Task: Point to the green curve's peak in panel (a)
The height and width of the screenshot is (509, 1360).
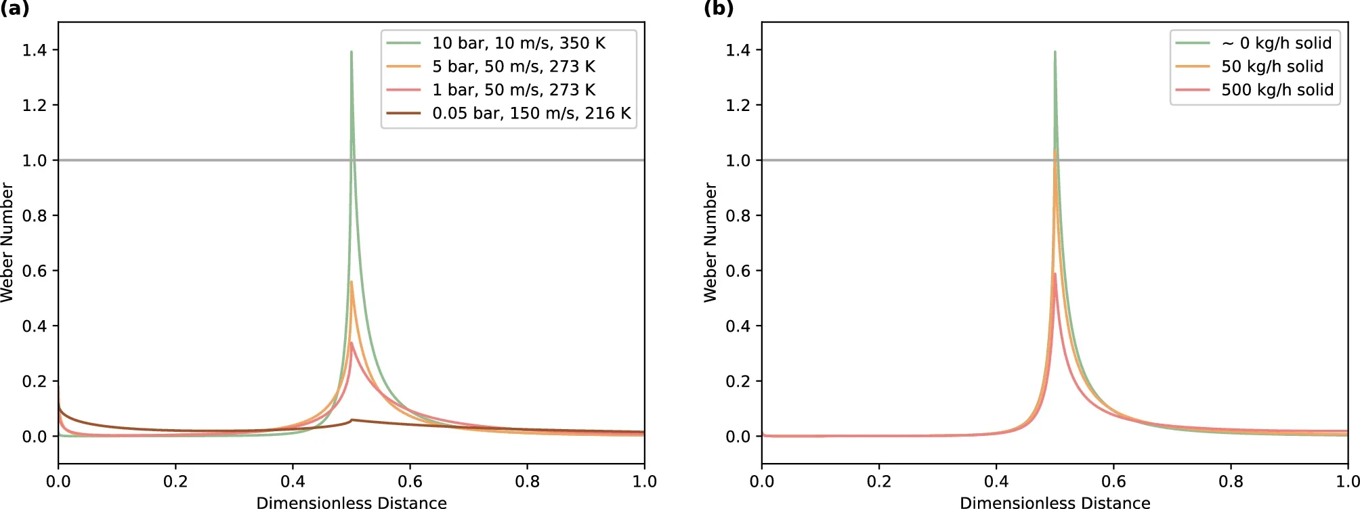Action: coord(352,52)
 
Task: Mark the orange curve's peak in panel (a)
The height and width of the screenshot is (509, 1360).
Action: coord(352,282)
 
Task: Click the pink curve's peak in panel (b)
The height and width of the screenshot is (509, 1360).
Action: coord(1055,274)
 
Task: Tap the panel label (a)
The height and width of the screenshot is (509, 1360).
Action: coord(15,9)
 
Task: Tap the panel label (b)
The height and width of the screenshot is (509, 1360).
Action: coord(718,9)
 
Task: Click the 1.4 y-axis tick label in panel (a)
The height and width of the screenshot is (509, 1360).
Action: coord(35,50)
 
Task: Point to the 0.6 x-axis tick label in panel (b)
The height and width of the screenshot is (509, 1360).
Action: coord(1113,481)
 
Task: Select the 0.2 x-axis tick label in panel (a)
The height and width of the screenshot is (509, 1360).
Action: coord(175,481)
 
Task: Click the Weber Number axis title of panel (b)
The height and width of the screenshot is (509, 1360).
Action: coord(710,242)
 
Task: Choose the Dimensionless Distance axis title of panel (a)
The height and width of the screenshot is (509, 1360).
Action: coord(352,502)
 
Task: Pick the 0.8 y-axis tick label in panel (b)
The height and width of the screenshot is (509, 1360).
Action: coord(738,216)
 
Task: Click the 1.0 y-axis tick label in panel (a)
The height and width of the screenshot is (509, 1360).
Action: coord(35,160)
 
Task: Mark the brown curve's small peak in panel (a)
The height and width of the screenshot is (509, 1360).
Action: coord(352,420)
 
